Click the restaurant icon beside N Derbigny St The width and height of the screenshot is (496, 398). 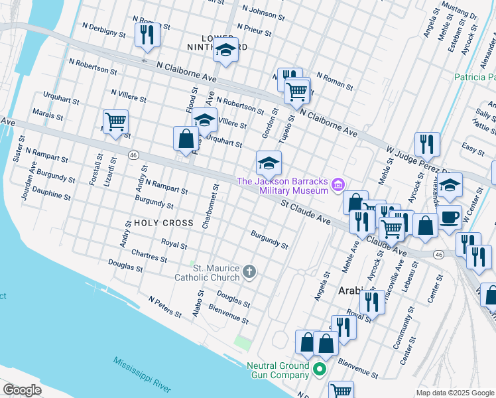click(147, 34)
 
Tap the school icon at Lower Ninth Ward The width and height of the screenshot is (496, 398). click(225, 50)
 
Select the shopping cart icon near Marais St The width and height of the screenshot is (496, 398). click(115, 122)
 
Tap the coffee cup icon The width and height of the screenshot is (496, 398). click(449, 217)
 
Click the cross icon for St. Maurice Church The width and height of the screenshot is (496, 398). click(249, 271)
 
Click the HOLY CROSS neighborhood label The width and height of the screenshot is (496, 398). click(164, 224)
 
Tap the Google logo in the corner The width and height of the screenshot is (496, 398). click(22, 390)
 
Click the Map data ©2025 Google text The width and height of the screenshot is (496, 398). click(454, 393)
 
